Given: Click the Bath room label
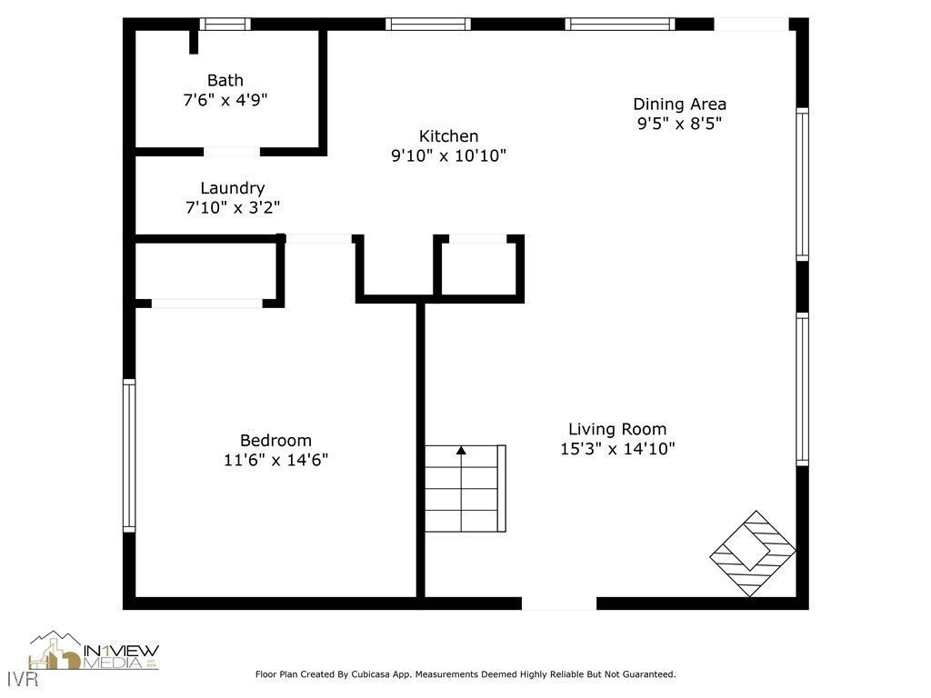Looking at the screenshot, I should coord(225,81).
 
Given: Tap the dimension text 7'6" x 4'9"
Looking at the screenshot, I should coord(225,100).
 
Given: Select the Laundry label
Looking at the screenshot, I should coord(232,188).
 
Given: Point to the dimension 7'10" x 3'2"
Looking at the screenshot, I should coord(232,208).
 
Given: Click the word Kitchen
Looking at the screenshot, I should coord(448,136).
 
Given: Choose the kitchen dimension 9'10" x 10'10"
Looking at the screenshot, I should coord(448,156).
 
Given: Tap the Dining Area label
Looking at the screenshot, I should coord(679,104).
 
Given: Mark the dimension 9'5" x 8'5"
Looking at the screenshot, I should coord(679,124).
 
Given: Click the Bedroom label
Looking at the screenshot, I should coord(275,440).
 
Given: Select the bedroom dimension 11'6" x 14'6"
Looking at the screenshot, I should coord(275,460).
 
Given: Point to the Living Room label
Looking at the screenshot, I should coord(617,429).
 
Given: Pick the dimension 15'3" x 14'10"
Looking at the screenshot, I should coord(617,449).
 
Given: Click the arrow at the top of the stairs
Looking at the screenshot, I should coord(461,450).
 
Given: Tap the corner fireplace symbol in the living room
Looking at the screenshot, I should coord(752,553).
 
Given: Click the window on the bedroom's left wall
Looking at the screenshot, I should coord(129,455).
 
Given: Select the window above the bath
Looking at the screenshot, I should coord(225,25).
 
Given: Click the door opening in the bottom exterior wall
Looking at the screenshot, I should coord(559,603).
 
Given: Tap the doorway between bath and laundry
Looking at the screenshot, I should coord(231,152).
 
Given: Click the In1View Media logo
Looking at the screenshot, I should coord(95,653).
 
